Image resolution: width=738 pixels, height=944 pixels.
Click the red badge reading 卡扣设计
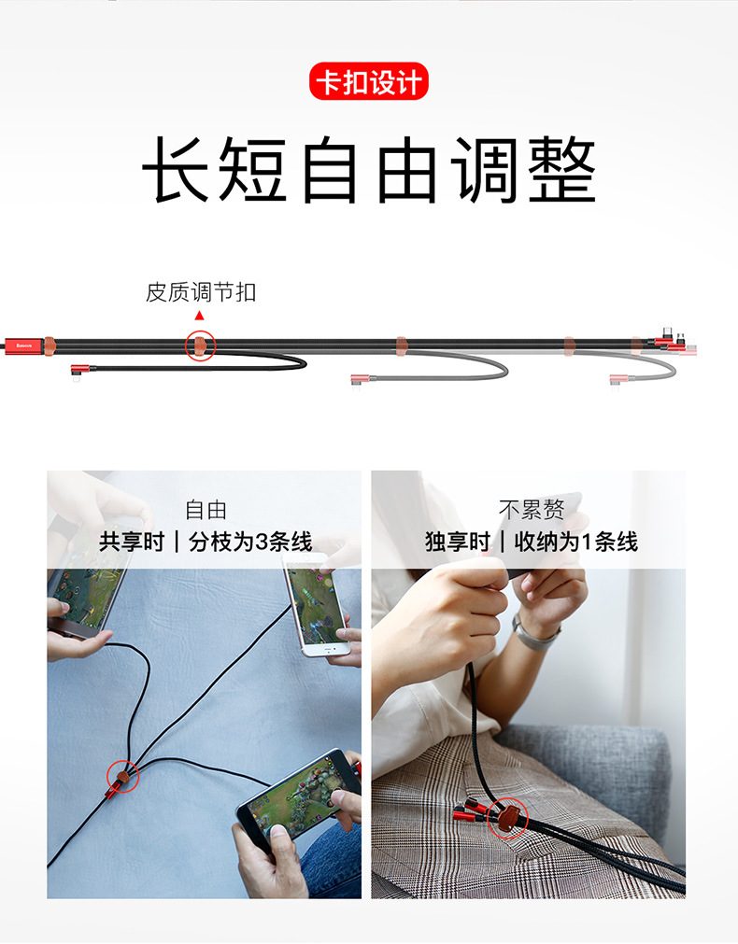pyautogui.click(x=369, y=81)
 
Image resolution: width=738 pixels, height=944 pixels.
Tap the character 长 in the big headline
pyautogui.click(x=177, y=169)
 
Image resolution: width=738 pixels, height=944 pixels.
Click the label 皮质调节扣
pyautogui.click(x=201, y=292)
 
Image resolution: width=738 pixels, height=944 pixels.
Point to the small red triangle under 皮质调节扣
pyautogui.click(x=199, y=316)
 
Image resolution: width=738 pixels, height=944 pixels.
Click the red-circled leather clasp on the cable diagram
pyautogui.click(x=200, y=345)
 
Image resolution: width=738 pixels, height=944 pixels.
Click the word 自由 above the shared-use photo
pyautogui.click(x=206, y=510)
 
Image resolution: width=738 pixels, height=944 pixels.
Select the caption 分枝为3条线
pyautogui.click(x=250, y=542)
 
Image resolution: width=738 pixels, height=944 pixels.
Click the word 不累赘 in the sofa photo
pyautogui.click(x=532, y=510)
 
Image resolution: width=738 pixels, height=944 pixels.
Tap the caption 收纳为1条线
pyautogui.click(x=576, y=542)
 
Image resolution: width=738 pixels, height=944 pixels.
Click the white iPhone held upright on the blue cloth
pyautogui.click(x=316, y=604)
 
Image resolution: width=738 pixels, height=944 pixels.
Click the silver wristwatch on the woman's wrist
pyautogui.click(x=532, y=633)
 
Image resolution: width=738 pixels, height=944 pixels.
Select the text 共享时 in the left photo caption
pyautogui.click(x=132, y=542)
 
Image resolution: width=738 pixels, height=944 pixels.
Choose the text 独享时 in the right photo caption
pyautogui.click(x=458, y=542)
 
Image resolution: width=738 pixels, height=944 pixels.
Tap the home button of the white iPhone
pyautogui.click(x=329, y=650)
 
